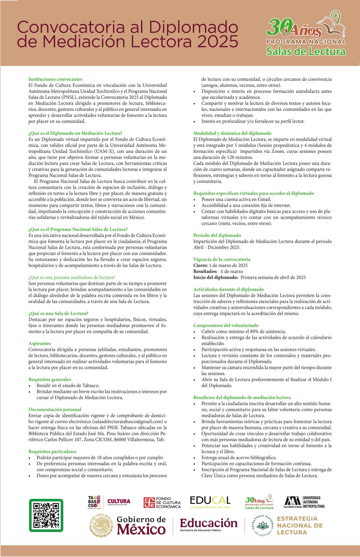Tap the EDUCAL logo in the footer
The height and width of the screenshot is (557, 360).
click(210, 502)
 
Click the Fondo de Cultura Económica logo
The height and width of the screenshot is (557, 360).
click(162, 502)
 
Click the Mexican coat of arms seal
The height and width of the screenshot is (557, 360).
click(101, 525)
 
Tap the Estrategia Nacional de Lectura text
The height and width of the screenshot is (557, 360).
click(299, 525)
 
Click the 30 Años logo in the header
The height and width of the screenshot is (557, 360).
click(306, 33)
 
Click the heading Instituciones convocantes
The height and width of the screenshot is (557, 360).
click(55, 79)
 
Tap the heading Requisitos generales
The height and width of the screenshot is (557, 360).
click(50, 379)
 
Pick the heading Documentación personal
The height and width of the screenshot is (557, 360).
click(55, 409)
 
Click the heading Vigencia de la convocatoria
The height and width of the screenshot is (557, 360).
click(222, 259)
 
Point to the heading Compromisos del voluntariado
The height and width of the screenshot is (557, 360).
click(226, 325)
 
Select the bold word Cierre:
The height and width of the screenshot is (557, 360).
click(200, 265)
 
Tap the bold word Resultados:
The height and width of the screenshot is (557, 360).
click(205, 272)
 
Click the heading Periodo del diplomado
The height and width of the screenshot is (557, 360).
click(217, 235)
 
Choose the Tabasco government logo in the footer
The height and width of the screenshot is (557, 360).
click(94, 502)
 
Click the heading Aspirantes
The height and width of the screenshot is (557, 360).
click(40, 343)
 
